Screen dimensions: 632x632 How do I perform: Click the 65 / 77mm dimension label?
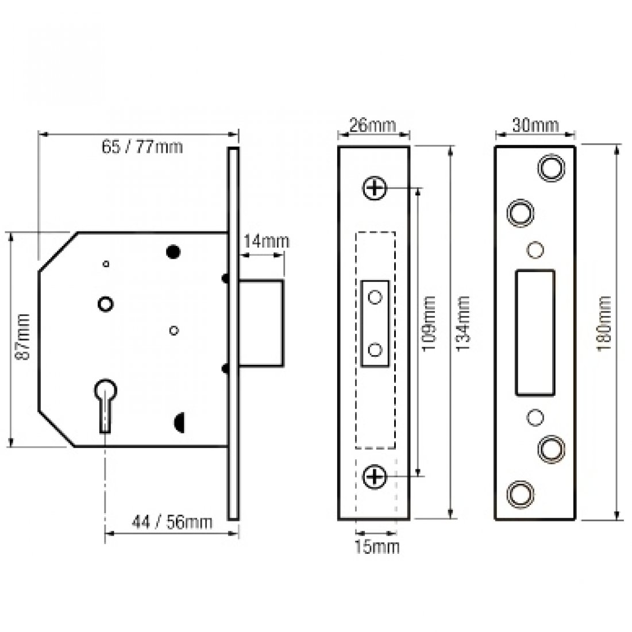(142, 147)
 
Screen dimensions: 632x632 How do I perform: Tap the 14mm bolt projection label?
(264, 241)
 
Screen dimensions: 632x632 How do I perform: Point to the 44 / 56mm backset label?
(172, 522)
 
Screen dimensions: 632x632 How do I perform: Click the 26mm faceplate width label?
(373, 125)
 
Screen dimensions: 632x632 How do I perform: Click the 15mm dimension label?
(376, 547)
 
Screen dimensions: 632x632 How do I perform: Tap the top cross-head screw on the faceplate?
(374, 188)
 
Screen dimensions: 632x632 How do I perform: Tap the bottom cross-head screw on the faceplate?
(374, 476)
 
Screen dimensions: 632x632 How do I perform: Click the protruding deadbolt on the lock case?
(261, 322)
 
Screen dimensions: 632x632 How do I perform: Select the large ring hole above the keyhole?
(105, 303)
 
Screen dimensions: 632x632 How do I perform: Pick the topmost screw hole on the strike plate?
(550, 167)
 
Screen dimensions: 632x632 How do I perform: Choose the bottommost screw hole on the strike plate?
(519, 492)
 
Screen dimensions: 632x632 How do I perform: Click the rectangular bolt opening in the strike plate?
(535, 333)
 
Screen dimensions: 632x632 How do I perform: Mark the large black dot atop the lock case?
(172, 251)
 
